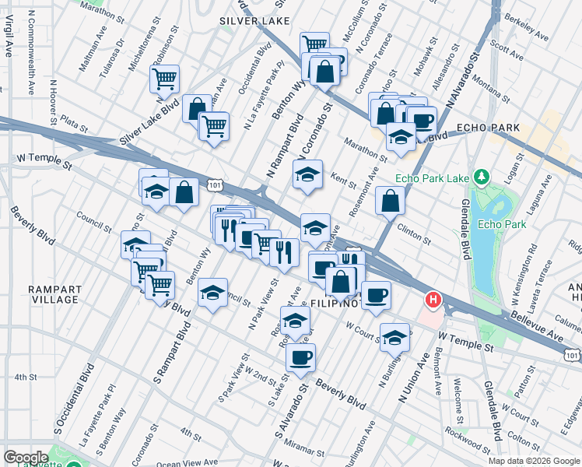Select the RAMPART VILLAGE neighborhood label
click(x=54, y=294)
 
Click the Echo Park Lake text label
click(x=432, y=178)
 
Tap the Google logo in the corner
click(x=26, y=457)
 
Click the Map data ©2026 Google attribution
click(x=534, y=461)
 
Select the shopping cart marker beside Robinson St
click(x=166, y=78)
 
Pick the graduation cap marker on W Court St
click(x=396, y=336)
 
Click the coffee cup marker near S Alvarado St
click(x=300, y=357)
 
